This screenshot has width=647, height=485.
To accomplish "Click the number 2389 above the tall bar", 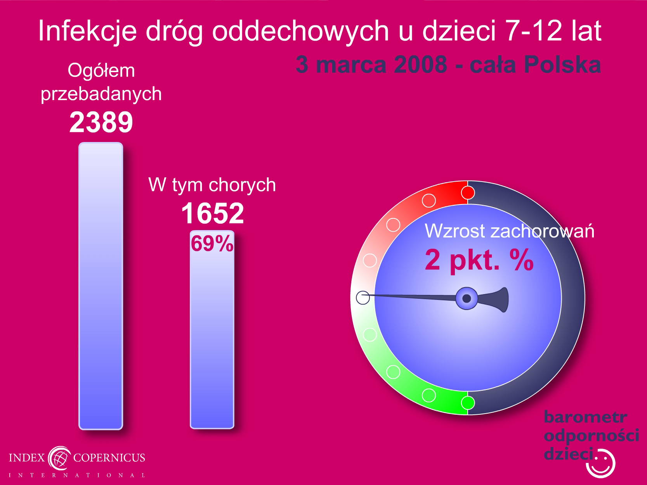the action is [101, 122].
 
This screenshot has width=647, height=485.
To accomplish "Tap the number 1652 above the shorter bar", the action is [213, 213].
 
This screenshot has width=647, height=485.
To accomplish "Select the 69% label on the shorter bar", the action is [212, 243].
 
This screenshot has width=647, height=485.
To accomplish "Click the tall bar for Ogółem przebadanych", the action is [101, 286].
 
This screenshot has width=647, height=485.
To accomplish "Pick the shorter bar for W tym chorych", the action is [212, 329].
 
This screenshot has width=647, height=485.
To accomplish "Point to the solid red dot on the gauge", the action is [468, 193].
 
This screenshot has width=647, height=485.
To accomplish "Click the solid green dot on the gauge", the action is [468, 403].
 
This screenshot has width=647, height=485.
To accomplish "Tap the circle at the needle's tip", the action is [363, 298].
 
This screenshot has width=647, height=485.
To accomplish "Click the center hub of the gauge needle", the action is [467, 298].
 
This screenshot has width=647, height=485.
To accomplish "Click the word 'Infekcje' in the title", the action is [88, 31].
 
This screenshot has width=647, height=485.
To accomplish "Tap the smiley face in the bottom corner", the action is [601, 464].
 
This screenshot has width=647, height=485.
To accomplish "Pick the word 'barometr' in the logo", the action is [585, 417].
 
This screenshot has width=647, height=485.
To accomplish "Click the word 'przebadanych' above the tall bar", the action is [101, 94].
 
